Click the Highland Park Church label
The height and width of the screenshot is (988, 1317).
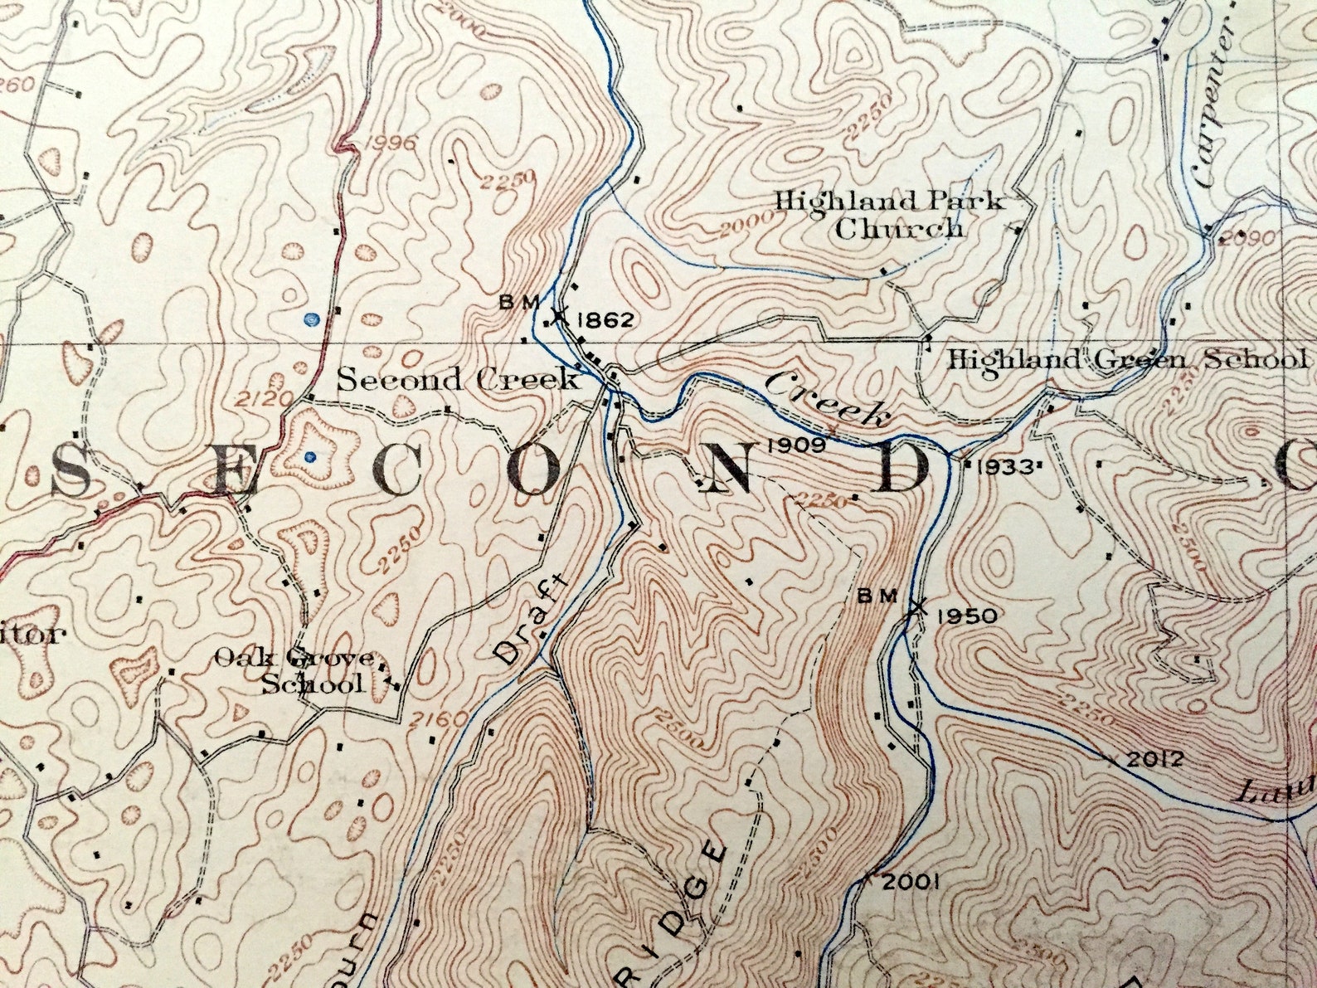890,214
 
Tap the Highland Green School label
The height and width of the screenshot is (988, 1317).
1126,360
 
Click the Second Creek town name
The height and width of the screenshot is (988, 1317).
458,380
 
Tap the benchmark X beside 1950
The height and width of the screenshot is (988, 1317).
916,607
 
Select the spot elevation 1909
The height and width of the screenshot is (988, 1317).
796,445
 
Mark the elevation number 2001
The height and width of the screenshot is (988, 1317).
910,882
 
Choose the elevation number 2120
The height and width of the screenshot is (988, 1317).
265,401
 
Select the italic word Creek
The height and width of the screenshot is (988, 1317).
825,399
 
